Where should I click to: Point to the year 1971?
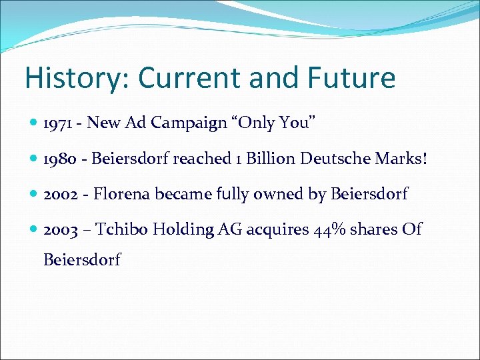[x=61, y=123]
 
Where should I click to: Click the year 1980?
[x=63, y=159]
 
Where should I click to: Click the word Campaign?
[x=188, y=123]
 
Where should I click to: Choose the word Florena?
[x=122, y=195]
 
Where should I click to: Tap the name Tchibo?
[x=122, y=230]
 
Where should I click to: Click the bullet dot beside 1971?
[x=35, y=123]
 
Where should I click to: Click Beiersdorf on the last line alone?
[x=82, y=259]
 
